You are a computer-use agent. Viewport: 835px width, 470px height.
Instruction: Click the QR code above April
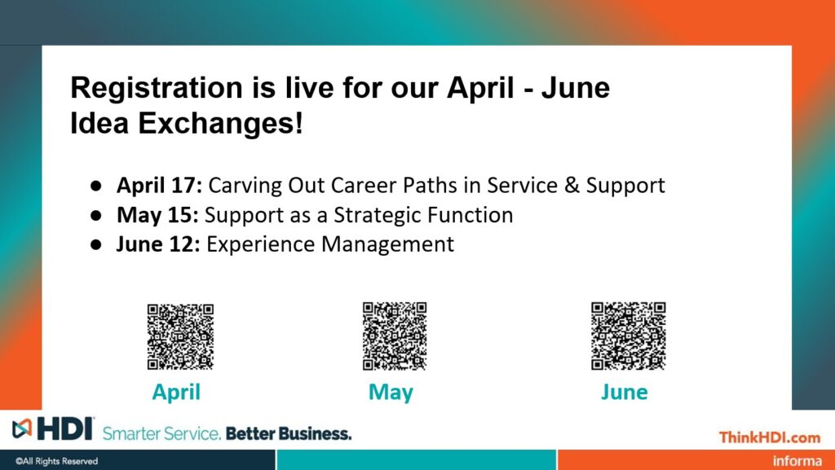coord(180,336)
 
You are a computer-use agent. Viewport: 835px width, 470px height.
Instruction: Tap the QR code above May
coord(395,336)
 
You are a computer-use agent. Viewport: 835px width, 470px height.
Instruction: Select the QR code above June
coord(629,336)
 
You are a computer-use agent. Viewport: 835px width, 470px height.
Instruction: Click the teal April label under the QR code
coord(176,393)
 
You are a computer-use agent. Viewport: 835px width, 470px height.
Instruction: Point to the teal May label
coord(391,393)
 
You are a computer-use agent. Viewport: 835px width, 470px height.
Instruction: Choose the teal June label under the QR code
coord(624,393)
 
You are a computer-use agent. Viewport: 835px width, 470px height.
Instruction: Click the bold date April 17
coord(159,185)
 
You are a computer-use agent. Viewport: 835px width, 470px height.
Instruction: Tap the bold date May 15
coord(157,215)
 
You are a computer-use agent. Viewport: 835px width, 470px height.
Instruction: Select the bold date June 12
coord(158,244)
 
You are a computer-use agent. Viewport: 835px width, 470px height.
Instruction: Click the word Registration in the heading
coord(157,88)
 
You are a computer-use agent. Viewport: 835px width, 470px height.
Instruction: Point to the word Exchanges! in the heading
coord(220,123)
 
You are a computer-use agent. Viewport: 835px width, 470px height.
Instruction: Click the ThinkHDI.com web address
coord(770,437)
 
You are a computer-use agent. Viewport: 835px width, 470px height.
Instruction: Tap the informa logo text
coord(797,460)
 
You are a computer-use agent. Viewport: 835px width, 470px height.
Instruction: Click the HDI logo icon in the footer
coord(22,428)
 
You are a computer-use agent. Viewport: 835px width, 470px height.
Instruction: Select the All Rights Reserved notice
coord(56,461)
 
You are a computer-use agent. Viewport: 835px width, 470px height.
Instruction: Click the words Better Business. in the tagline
coord(289,433)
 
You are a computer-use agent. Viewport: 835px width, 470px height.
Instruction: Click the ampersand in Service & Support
coord(572,185)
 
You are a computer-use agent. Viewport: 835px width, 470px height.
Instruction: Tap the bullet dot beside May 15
coord(96,216)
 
